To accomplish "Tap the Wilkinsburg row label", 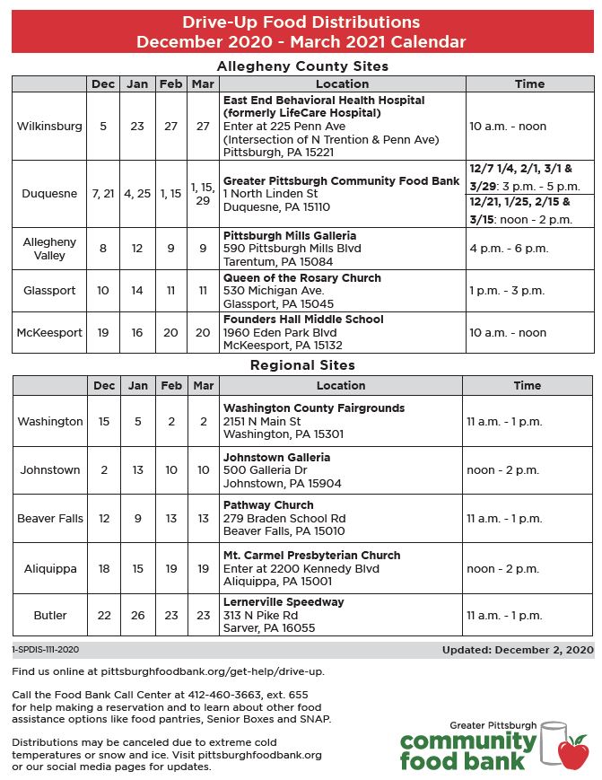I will click(x=49, y=127).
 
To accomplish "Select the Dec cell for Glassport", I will click(x=103, y=291).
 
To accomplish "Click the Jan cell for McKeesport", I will click(x=137, y=332).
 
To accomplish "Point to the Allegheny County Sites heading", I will click(x=302, y=66).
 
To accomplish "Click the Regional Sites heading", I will click(x=302, y=365).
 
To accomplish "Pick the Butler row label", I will click(x=50, y=616).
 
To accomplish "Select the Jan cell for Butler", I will click(x=137, y=616).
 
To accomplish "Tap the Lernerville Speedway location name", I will click(x=284, y=602).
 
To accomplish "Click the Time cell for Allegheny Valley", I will click(x=509, y=249).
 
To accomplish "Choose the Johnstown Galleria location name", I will click(x=276, y=457).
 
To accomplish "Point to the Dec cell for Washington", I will click(x=103, y=421).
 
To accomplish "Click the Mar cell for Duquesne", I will click(x=203, y=193).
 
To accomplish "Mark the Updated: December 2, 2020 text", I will click(x=518, y=649).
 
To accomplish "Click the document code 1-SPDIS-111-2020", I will click(x=46, y=649).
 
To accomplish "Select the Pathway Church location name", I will click(x=268, y=505).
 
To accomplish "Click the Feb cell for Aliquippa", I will click(x=170, y=568).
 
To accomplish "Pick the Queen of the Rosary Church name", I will click(x=302, y=278).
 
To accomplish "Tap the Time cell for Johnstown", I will click(x=502, y=469).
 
